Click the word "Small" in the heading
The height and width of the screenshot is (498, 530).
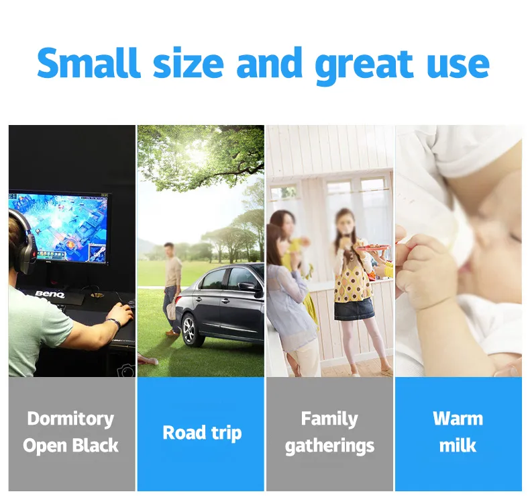coord(89,63)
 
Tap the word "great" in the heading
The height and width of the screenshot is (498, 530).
coord(364,66)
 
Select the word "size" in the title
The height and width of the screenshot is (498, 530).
coord(189,63)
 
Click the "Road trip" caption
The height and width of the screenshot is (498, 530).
coord(202,433)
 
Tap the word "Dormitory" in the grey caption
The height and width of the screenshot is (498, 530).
coord(70,419)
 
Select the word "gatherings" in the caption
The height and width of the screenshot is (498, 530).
coord(329,446)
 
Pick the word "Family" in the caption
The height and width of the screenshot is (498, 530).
coord(329,419)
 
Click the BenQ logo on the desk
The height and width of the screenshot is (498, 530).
coord(50,294)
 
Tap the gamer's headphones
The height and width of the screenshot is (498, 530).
coord(23,241)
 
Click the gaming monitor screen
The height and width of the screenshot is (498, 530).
coord(59,226)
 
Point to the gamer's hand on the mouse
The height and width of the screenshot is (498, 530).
coord(120,313)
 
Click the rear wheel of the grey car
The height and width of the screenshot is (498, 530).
coord(190,329)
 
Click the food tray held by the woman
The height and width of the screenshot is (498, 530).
coord(372,248)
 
